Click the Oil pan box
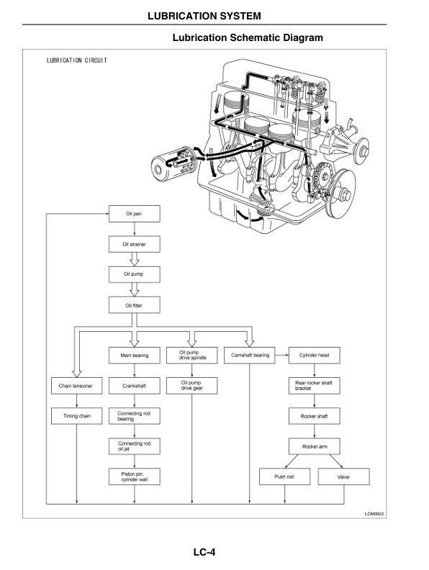click(x=134, y=214)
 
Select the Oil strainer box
click(x=134, y=245)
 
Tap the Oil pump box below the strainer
click(x=134, y=275)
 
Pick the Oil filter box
click(x=134, y=305)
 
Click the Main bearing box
click(x=134, y=356)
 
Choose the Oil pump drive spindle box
click(x=192, y=356)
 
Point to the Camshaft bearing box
click(x=250, y=356)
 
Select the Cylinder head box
click(x=314, y=356)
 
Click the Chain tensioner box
click(x=76, y=386)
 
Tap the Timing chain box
click(x=76, y=416)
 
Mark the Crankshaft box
click(x=134, y=386)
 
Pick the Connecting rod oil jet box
click(x=134, y=446)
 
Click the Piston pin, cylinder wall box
click(x=134, y=476)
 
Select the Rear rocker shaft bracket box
click(x=314, y=386)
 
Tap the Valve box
click(x=343, y=476)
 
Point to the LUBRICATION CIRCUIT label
click(x=77, y=60)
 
